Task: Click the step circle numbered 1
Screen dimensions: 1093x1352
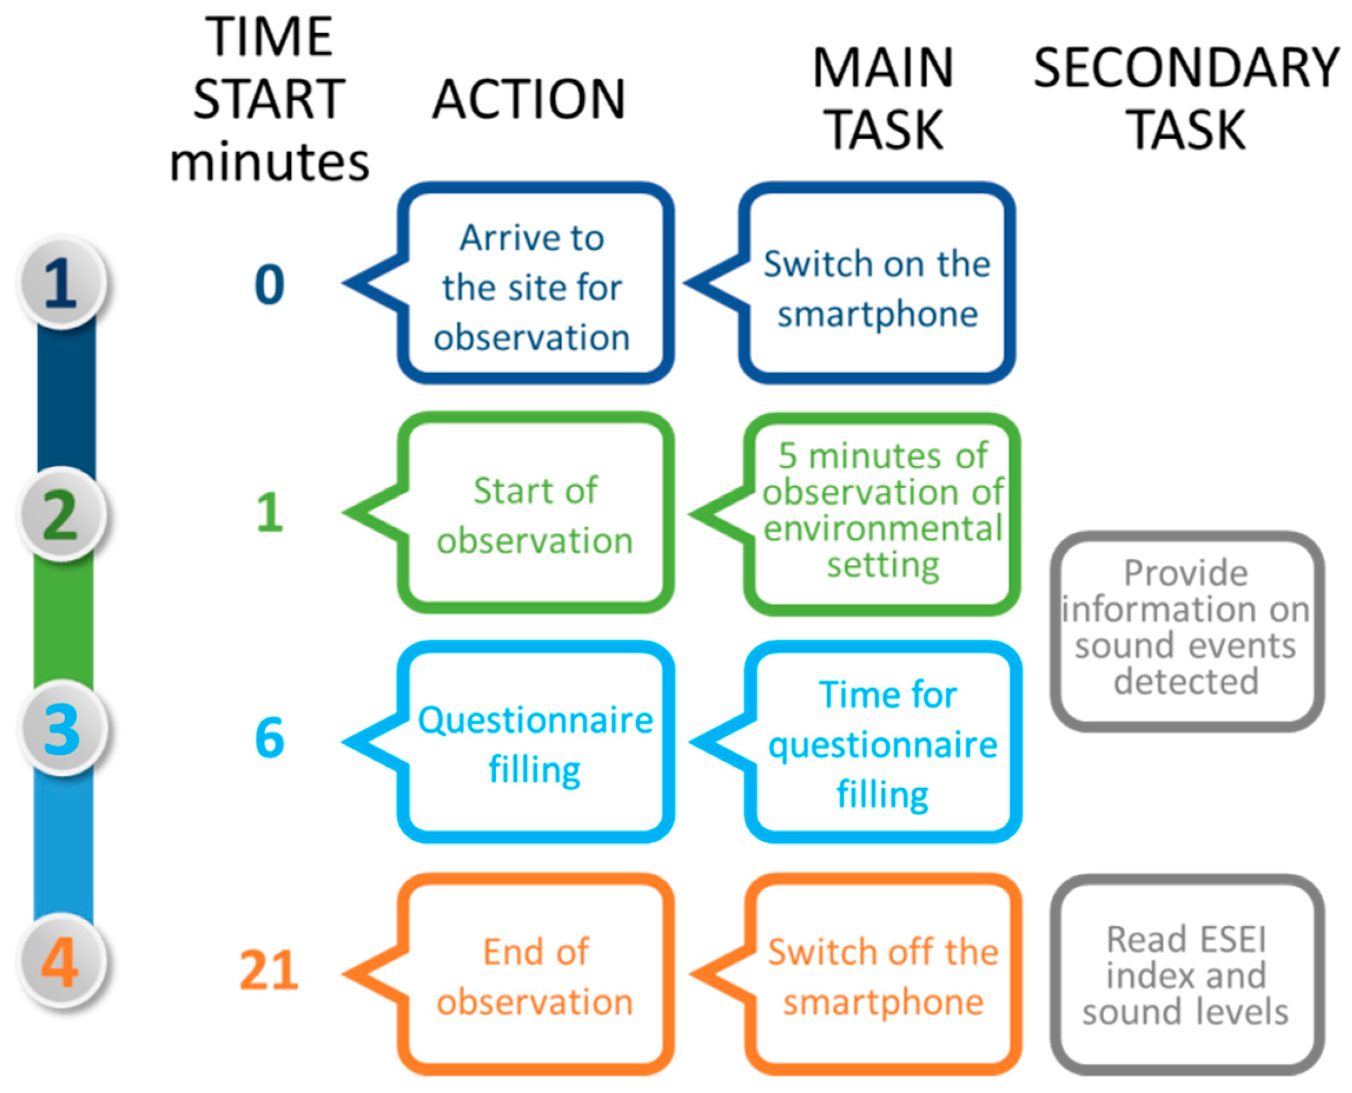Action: tap(61, 283)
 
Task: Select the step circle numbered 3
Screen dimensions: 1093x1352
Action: tap(61, 729)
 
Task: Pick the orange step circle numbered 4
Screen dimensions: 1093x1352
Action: tap(61, 962)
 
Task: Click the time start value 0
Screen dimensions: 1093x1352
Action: tap(269, 284)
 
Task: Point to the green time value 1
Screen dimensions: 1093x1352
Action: tap(269, 512)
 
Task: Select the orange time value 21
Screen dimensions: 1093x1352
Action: tap(269, 971)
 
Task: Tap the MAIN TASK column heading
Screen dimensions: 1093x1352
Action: tap(884, 99)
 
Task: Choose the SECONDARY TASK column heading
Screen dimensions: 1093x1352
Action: tap(1187, 99)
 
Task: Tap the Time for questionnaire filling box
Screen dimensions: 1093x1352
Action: tap(883, 744)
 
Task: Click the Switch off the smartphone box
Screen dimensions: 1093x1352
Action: tap(883, 975)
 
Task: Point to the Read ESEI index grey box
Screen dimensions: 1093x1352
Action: tap(1187, 975)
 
